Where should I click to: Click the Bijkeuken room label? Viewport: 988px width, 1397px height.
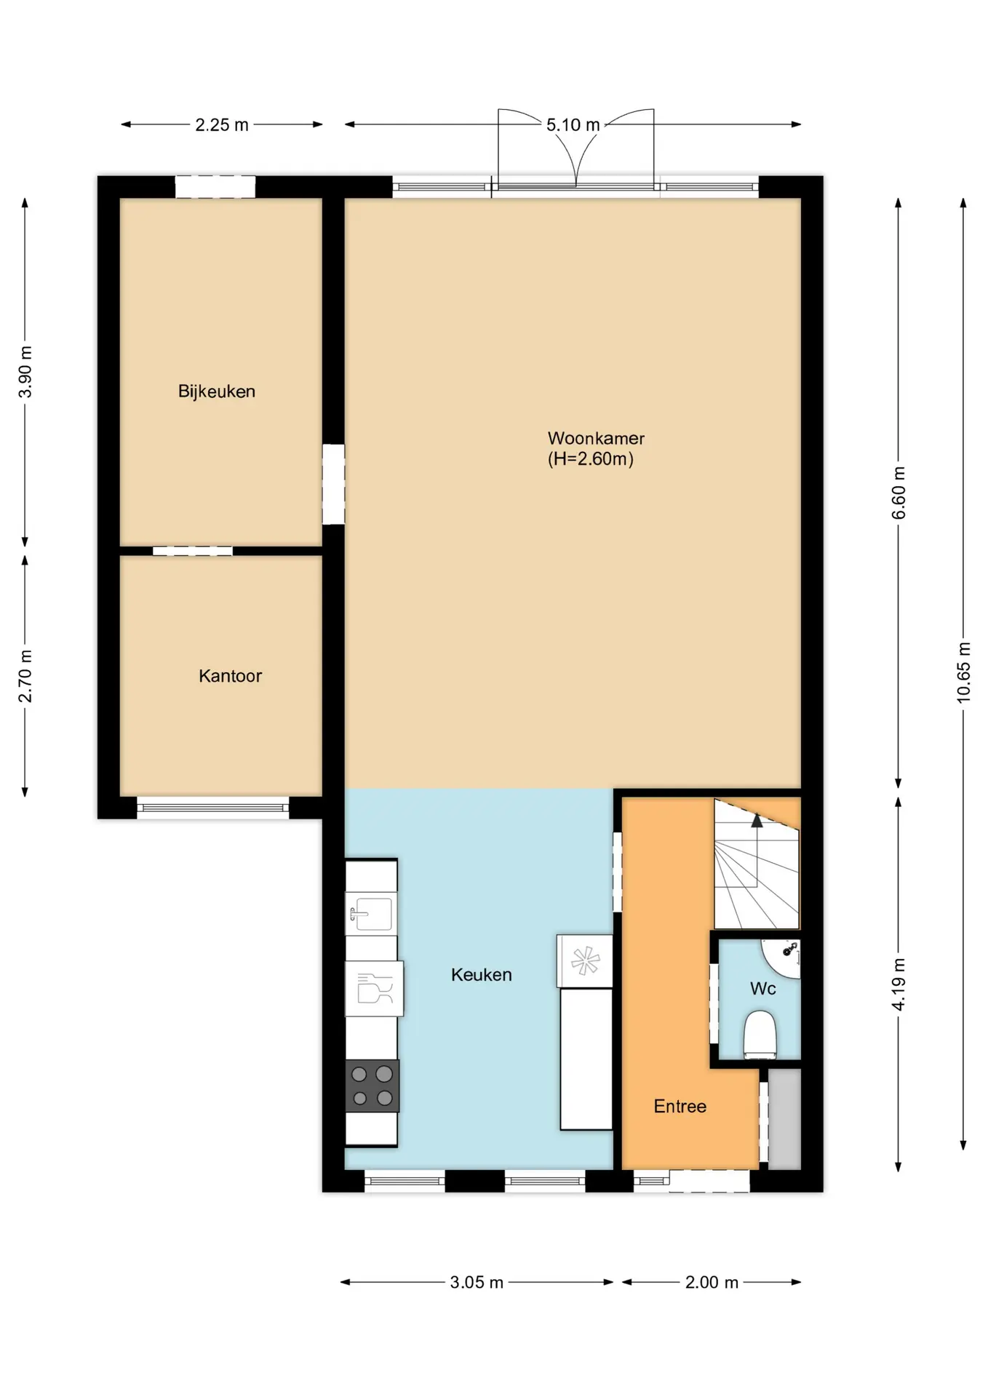tap(217, 391)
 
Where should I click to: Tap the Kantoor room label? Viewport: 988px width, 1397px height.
tap(230, 676)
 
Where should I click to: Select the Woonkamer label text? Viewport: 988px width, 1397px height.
tap(596, 438)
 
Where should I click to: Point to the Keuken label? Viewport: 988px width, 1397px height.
tap(481, 974)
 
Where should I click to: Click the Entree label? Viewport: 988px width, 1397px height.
tap(680, 1106)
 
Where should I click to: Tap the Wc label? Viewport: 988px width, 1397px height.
tap(762, 988)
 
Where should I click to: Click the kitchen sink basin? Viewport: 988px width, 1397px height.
tap(371, 913)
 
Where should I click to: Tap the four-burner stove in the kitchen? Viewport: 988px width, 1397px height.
tap(372, 1086)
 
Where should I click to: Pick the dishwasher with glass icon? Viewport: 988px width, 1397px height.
tap(374, 989)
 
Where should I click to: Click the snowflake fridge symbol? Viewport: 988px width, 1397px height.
tap(585, 961)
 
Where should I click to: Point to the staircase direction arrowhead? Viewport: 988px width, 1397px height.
tap(757, 821)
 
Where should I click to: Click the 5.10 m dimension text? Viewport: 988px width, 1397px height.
tap(573, 125)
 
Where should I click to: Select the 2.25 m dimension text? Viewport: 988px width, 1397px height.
tap(222, 125)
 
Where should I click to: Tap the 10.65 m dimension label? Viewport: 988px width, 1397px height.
tap(963, 672)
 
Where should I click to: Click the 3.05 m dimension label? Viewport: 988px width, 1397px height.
tap(477, 1282)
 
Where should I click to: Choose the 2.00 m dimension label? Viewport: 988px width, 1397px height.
tap(712, 1282)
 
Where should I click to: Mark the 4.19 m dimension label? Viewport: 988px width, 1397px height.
tap(899, 984)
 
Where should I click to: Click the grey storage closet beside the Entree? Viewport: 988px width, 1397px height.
tap(784, 1119)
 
